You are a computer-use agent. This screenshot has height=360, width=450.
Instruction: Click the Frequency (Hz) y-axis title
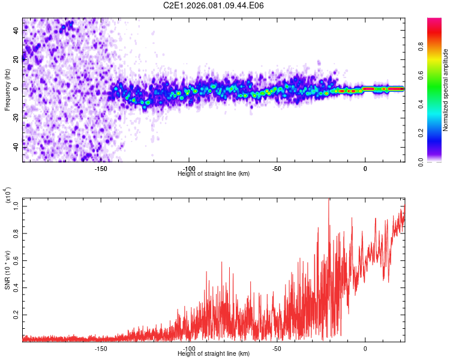7,89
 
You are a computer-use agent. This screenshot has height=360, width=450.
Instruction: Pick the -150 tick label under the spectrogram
101,168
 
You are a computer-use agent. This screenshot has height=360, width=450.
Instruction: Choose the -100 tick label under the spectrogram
188,168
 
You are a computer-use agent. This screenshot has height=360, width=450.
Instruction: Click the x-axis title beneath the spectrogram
214,174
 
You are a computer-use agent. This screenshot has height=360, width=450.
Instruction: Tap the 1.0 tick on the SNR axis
16,206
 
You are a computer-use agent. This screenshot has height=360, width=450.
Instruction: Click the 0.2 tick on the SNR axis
16,314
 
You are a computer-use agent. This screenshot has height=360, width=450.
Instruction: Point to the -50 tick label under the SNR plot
277,348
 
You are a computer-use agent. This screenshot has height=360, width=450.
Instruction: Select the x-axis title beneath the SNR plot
214,355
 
